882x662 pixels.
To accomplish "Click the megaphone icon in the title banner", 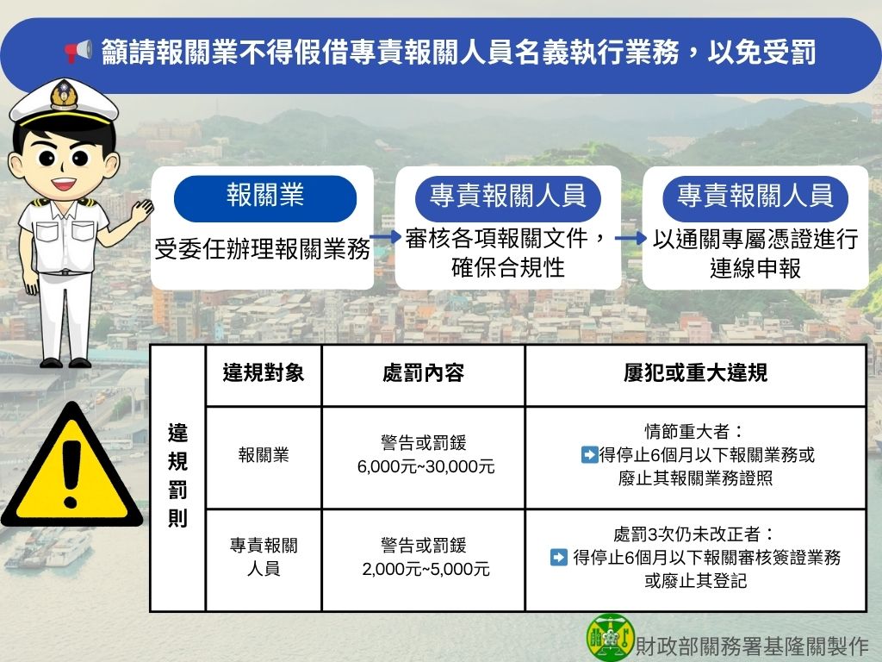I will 78,53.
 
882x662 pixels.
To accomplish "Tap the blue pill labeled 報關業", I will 265,197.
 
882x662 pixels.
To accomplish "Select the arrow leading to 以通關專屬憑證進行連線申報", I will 631,239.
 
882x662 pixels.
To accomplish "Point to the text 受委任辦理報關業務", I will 263,250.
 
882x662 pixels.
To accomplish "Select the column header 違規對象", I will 263,373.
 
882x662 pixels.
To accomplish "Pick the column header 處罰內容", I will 423,373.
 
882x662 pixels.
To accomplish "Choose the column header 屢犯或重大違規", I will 695,373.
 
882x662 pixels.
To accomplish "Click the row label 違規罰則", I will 177,477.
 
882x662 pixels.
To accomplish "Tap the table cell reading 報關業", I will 263,455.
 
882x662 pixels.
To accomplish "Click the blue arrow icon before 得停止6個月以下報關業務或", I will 590,455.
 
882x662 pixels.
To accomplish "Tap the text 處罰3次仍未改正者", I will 694,534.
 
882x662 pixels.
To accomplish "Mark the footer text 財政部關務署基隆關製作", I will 752,644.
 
